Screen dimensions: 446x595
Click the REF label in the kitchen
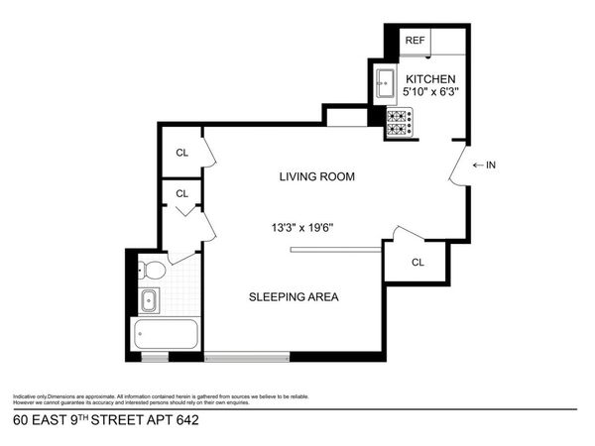click(414, 42)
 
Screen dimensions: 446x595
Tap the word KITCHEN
click(428, 78)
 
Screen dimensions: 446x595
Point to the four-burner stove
click(399, 122)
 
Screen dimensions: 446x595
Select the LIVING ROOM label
click(316, 177)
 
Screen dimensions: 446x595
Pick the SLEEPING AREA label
click(295, 296)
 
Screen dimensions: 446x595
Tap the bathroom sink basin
click(149, 300)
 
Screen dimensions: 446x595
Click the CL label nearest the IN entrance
click(417, 263)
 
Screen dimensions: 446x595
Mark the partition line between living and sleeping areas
click(335, 250)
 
